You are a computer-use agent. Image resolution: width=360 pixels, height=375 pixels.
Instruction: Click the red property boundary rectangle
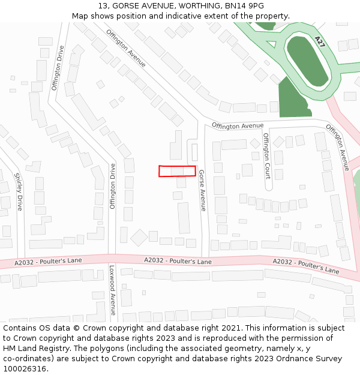tap(177, 171)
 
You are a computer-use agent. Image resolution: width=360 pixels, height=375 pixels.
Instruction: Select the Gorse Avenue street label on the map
tap(202, 190)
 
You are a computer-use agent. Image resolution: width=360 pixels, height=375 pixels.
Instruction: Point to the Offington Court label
tap(266, 155)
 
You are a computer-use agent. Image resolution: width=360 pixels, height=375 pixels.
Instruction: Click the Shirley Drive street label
tap(19, 191)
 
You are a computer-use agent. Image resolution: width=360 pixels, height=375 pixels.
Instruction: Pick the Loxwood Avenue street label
tap(112, 290)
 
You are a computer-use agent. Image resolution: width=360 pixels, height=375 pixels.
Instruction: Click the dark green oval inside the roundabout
tap(307, 61)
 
